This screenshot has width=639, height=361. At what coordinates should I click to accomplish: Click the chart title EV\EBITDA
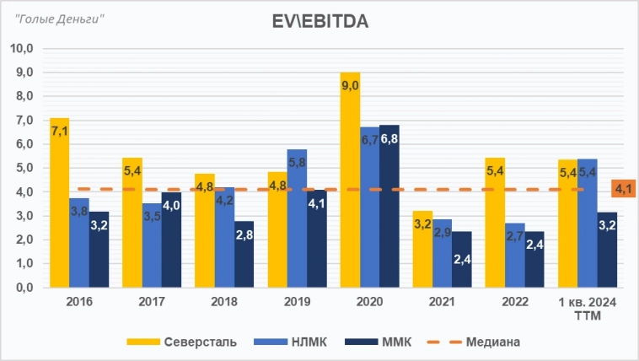click(x=321, y=22)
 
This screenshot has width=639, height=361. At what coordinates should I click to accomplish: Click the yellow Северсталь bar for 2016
click(x=60, y=202)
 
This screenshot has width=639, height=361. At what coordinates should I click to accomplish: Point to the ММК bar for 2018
click(x=244, y=254)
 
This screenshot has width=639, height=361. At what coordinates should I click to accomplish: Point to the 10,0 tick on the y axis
click(x=21, y=49)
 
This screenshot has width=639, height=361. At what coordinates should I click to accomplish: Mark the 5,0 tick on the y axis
click(x=21, y=168)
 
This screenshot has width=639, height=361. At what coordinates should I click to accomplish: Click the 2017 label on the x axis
click(x=152, y=301)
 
